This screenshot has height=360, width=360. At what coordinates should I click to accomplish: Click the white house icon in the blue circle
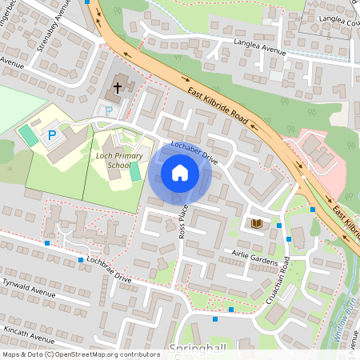pyautogui.click(x=179, y=172)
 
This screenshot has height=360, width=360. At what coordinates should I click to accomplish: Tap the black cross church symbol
pyautogui.click(x=118, y=87)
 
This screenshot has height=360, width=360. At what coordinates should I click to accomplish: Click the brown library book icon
pyautogui.click(x=257, y=224)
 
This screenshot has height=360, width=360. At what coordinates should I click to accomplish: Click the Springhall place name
pyautogui.click(x=198, y=349)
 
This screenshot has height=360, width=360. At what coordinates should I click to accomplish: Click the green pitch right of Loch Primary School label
pyautogui.click(x=134, y=171)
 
